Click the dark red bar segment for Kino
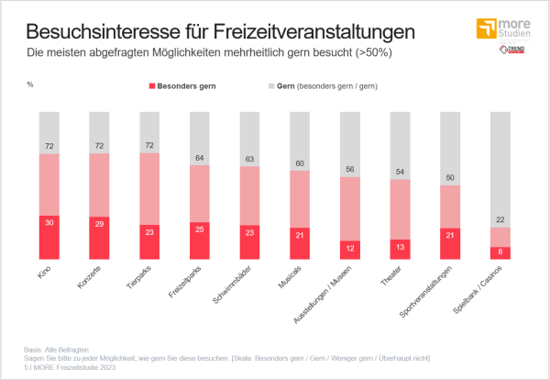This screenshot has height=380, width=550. point(49,237)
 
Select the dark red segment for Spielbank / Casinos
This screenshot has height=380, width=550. point(500,252)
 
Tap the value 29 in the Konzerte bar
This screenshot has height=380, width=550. point(99,222)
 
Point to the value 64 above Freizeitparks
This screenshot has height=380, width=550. point(199,157)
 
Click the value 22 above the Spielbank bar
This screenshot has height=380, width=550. point(500,219)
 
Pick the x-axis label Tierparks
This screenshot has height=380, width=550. point(140,277)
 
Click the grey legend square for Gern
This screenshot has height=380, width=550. point(270,85)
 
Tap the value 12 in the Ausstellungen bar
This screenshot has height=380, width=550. point(349,247)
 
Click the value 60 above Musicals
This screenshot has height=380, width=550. point(299,163)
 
